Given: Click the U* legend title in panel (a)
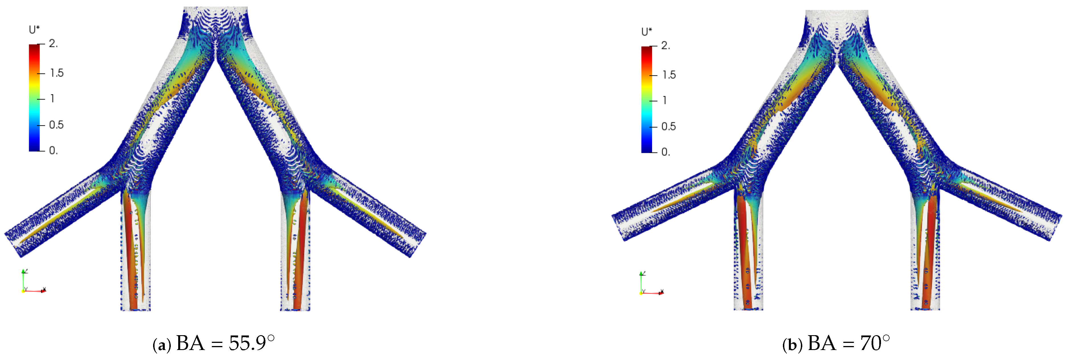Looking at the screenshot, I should tap(34, 30).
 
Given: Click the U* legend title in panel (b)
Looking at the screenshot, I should tap(647, 32).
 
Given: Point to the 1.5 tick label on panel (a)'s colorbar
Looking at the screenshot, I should tap(57, 73).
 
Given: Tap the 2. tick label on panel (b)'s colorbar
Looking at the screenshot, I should tap(665, 46).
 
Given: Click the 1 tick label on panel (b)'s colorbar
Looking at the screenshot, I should tap(665, 100).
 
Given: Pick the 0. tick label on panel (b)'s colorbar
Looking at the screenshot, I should tap(665, 152).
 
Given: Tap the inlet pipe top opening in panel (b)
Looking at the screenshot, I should tap(837, 13).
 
